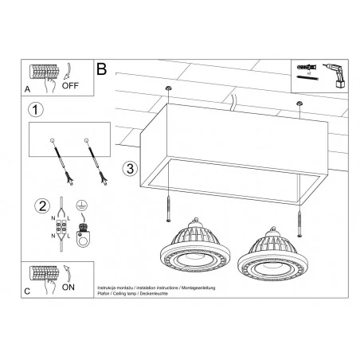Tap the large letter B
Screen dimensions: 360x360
(102, 68)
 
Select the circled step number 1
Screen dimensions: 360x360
(34, 109)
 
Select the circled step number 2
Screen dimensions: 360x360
(34, 209)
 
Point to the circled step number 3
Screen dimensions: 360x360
(130, 169)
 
